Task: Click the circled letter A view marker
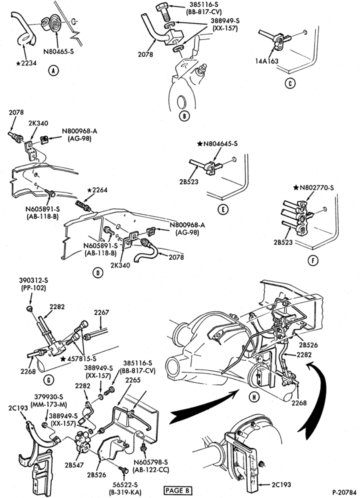(53, 71)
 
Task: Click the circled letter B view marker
(184, 116)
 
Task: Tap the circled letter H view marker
(255, 396)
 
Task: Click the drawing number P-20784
(344, 492)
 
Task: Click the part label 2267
(101, 312)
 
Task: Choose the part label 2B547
(75, 465)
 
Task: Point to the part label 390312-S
(32, 281)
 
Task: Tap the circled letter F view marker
(313, 261)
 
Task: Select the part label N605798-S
(151, 462)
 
